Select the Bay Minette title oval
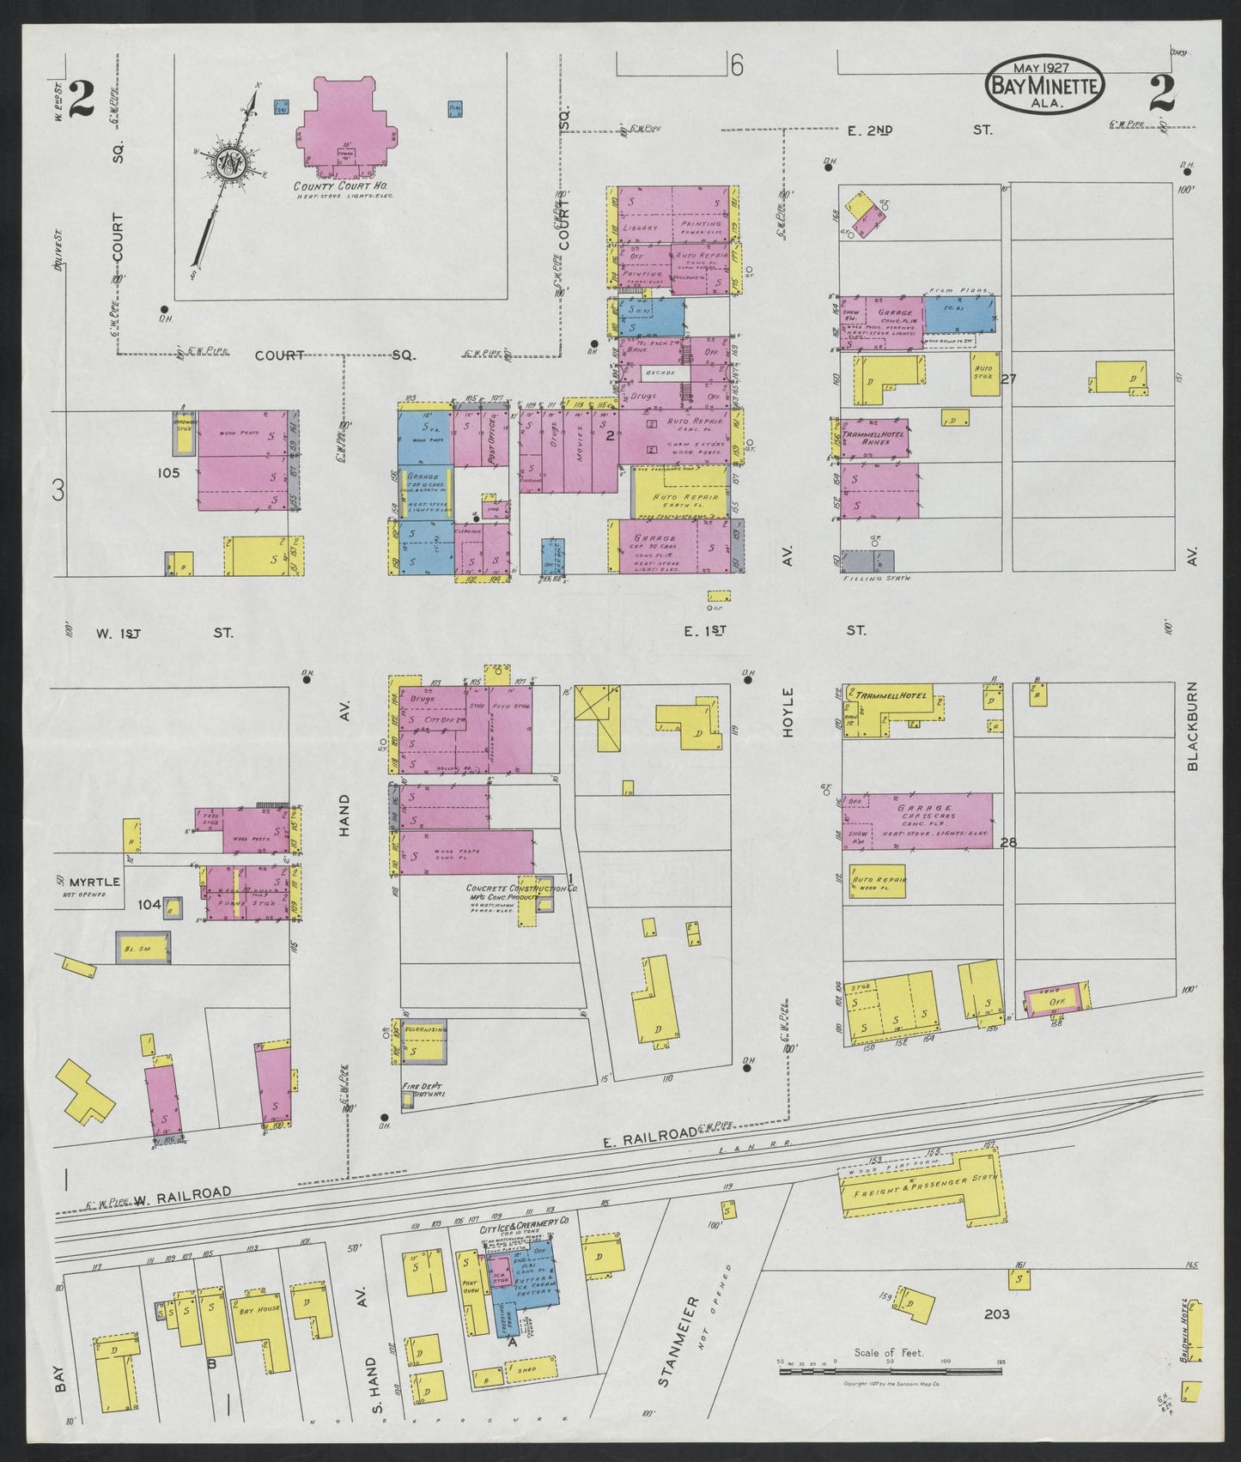click(1043, 85)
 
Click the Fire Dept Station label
click(417, 1090)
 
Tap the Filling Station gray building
click(867, 561)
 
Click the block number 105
click(169, 472)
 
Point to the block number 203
click(996, 1314)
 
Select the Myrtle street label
click(94, 882)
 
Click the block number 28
click(1007, 842)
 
